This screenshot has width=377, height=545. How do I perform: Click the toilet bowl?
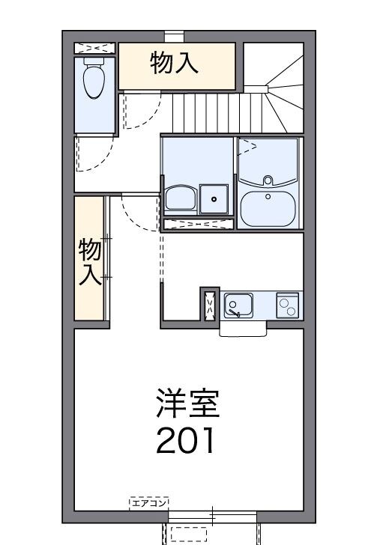(94, 80)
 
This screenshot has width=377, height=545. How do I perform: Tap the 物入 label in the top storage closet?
(174, 64)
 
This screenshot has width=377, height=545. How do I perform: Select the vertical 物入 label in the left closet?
(90, 262)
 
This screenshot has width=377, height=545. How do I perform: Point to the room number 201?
(186, 441)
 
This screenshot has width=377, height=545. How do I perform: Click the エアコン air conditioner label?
(149, 502)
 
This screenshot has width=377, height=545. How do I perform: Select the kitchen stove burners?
(288, 304)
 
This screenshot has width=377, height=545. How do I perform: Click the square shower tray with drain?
(214, 198)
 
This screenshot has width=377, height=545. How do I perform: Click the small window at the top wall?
(175, 34)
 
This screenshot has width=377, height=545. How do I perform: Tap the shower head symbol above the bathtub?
(250, 145)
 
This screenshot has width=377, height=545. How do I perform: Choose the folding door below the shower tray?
(196, 223)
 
